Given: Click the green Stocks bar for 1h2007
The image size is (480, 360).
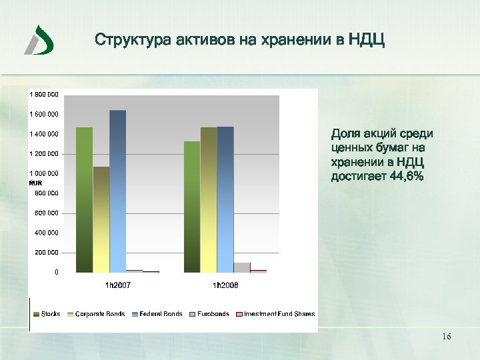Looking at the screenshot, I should [x=84, y=200].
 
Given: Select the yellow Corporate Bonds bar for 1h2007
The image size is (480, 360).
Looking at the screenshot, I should [x=101, y=219].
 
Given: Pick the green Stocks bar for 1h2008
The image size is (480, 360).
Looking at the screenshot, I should [x=192, y=207].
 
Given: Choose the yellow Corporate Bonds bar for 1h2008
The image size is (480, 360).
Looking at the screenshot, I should [x=209, y=200].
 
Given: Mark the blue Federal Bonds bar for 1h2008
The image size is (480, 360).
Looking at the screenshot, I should [x=225, y=199].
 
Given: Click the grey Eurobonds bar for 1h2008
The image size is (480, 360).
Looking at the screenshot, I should [x=242, y=267].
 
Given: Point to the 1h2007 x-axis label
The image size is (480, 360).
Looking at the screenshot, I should [x=118, y=285].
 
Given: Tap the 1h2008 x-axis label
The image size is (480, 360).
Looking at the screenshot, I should [x=225, y=285].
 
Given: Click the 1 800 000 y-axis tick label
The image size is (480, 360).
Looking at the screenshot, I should [x=43, y=95].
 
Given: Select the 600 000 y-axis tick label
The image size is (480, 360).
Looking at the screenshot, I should [x=47, y=213].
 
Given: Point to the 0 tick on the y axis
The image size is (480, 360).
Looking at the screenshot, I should [x=56, y=273].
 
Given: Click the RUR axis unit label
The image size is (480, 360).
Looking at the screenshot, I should [x=35, y=183].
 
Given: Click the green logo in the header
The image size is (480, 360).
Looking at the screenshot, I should [x=39, y=40].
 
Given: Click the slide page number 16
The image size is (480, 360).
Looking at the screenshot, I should [x=447, y=337].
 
